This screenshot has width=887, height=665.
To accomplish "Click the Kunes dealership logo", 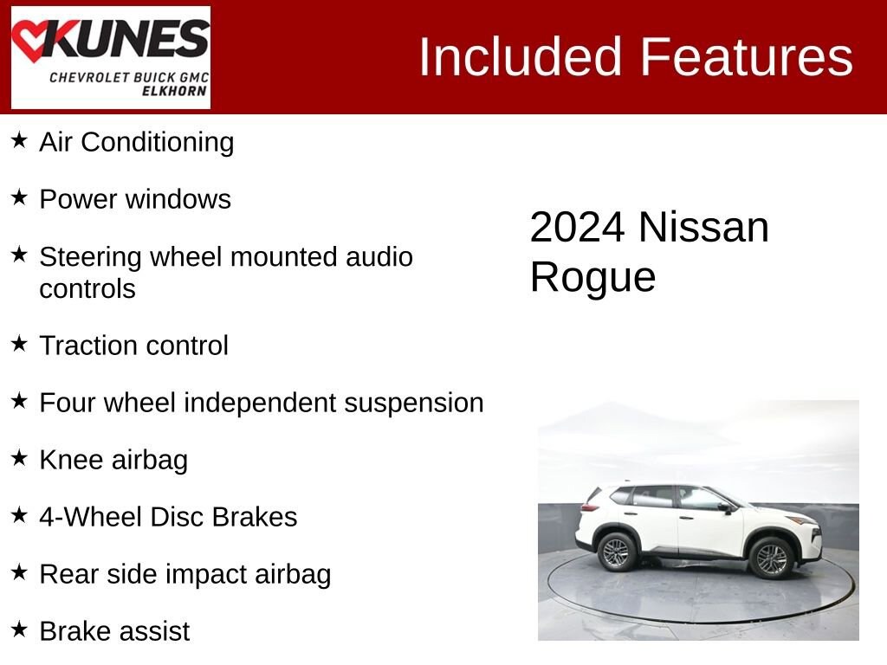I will tap(110, 57).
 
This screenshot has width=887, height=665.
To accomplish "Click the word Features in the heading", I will tap(747, 57).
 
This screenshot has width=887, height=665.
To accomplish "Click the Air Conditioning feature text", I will tap(136, 142).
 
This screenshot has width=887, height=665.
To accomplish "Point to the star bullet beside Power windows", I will tap(19, 198).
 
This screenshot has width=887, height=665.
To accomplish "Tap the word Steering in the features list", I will tap(90, 257).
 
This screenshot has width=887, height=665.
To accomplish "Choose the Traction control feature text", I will tap(133, 345).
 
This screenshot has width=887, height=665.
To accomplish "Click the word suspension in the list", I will tap(414, 404).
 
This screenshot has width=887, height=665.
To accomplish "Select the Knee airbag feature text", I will tap(113, 460).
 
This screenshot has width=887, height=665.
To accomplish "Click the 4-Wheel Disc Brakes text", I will tap(168, 517).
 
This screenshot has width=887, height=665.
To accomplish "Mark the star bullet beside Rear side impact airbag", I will tap(19, 572).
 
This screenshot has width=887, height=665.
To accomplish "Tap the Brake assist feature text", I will tap(114, 631).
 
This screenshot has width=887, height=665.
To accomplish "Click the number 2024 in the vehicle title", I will tap(577, 228).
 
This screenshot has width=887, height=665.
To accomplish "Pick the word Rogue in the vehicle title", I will tap(592, 278).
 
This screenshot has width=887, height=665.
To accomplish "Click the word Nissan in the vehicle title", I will tap(703, 228).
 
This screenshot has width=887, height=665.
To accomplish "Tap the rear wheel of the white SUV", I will tap(617, 552).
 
